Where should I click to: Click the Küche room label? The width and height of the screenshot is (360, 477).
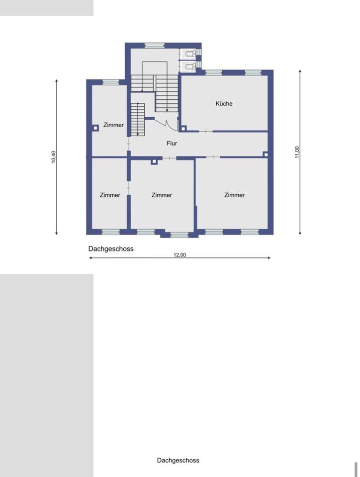coord(224,103)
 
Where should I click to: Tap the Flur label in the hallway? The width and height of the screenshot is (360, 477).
coord(172,143)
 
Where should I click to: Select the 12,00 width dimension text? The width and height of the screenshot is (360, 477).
coord(180,255)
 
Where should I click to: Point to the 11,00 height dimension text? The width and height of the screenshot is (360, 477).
coord(297,152)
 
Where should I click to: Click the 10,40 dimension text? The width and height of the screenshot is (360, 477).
coord(54,157)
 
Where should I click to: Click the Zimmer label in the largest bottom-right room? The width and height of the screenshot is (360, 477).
coord(234,195)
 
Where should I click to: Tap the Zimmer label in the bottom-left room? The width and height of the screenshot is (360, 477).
coord(110,195)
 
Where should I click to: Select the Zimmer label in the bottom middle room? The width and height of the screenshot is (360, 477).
coord(162,195)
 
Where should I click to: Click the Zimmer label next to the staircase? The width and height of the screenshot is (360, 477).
coord(113,125)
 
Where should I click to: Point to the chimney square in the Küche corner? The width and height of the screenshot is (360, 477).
coord(183,128)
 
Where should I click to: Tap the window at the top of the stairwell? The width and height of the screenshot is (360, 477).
coord(154,46)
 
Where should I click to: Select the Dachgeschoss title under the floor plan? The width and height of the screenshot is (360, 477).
coord(111,249)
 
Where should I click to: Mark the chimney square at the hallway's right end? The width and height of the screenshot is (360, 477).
coord(266,155)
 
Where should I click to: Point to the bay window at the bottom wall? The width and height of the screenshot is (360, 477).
coord(179,235)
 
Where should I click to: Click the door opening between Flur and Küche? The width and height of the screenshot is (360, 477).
coord(206,131)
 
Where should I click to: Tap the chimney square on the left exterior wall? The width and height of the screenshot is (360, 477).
coord(95,128)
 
